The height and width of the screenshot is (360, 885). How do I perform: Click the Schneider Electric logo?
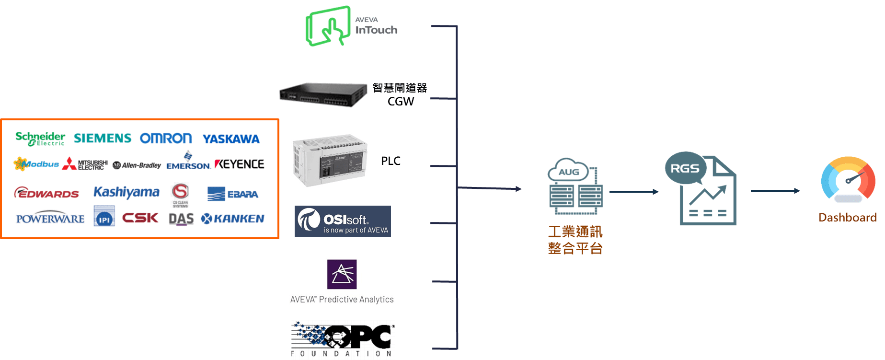tap(40, 139)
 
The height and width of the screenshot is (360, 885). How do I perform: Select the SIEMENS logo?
tap(103, 139)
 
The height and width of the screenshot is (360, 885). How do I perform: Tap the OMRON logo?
tap(166, 139)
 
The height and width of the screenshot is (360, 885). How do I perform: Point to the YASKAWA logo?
tap(231, 139)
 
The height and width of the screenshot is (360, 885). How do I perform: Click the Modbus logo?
tap(36, 164)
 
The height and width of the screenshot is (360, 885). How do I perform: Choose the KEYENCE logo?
tap(240, 164)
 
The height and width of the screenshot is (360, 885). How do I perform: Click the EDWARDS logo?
tap(46, 193)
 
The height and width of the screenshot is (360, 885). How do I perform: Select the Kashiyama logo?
tap(126, 192)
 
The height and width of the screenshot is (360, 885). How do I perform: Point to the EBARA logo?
tap(233, 194)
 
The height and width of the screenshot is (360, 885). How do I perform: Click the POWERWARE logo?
tap(50, 219)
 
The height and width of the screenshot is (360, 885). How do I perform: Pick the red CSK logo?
tap(140, 218)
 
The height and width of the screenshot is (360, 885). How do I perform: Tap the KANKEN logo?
tap(233, 219)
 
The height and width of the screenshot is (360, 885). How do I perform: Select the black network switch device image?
tap(322, 94)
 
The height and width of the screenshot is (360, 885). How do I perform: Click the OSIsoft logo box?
tap(343, 221)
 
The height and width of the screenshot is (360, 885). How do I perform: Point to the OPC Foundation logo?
tap(343, 339)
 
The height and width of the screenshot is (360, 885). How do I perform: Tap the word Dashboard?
tap(848, 218)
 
